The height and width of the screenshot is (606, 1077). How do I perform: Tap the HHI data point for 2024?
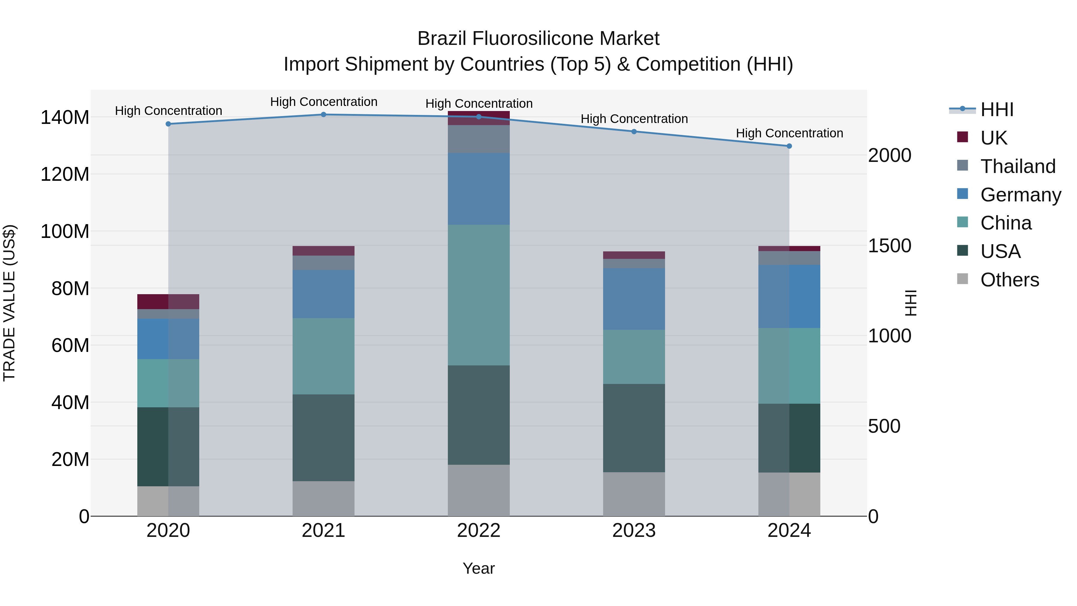coord(789,146)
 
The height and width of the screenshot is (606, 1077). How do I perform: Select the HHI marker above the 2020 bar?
coord(168,124)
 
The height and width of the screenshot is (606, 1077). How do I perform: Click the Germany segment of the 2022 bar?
coord(478,189)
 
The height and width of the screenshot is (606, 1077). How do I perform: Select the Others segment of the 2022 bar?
coord(478,490)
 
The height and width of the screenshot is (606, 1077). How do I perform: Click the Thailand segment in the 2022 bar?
coord(478,139)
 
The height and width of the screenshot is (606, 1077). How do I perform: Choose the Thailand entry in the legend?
coord(1018,166)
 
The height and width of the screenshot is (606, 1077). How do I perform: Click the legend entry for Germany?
coord(1020,195)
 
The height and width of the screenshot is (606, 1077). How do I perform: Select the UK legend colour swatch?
coord(962,137)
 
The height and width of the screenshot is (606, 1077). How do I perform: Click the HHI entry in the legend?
coord(997,110)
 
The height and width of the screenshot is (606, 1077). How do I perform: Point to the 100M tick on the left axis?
coord(65,231)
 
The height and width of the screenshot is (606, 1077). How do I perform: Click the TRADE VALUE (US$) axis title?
coord(10,303)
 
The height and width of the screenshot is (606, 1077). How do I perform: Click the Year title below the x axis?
coord(478,568)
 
